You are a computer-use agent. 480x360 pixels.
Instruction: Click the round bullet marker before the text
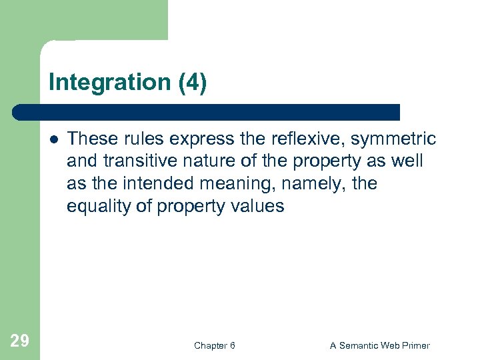pyautogui.click(x=53, y=139)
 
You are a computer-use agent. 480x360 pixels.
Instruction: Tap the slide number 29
pyautogui.click(x=20, y=341)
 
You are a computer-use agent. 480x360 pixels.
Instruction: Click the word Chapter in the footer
pyautogui.click(x=209, y=345)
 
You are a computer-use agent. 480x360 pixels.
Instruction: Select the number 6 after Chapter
pyautogui.click(x=232, y=345)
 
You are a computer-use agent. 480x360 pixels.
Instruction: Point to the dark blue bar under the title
pyautogui.click(x=207, y=112)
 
